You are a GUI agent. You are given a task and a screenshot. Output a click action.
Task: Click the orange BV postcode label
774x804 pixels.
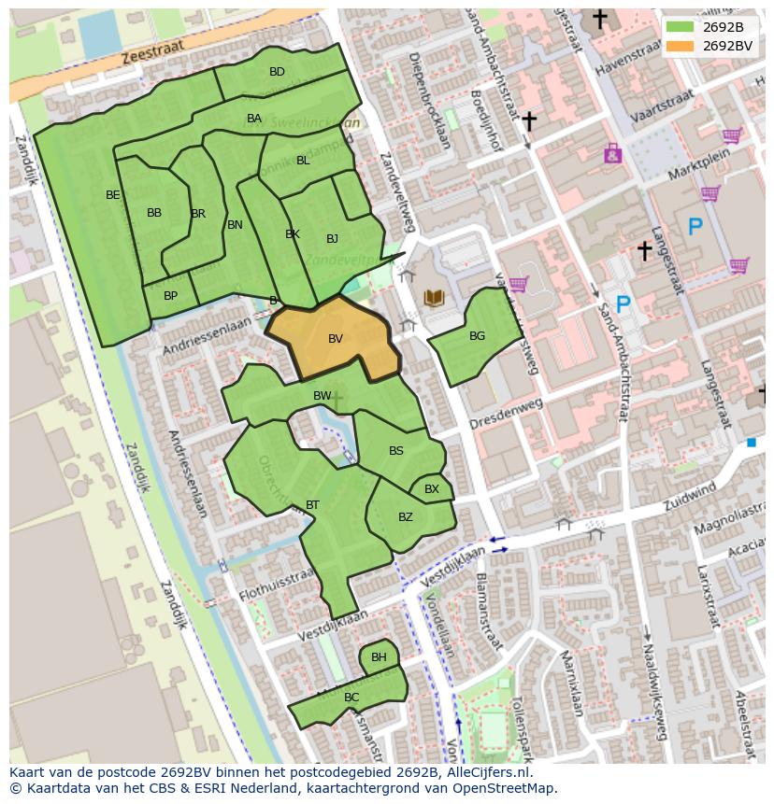pos(336,339)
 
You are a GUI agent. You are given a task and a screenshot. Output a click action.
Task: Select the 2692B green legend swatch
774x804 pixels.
pos(680,26)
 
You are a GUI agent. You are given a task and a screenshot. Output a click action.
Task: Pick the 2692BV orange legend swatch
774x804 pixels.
pos(680,45)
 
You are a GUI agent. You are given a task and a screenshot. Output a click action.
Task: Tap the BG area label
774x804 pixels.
pos(477,336)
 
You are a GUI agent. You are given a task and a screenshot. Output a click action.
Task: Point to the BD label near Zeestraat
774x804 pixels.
pos(277,72)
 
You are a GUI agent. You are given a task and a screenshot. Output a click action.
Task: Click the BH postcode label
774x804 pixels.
pos(379,657)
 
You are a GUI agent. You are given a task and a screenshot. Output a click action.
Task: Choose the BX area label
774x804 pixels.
pos(431,488)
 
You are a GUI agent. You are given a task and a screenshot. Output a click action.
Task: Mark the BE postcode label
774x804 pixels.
pos(113,195)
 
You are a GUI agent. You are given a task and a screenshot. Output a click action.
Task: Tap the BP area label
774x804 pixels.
pos(170,296)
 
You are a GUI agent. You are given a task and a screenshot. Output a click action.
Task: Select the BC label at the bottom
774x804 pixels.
pos(351,698)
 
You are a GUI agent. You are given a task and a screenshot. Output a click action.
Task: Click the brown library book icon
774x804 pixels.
pos(434,298)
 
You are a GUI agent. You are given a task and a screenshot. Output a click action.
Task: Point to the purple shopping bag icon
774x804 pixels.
pos(612,153)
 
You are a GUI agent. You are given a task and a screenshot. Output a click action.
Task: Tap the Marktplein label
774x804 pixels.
pos(699,167)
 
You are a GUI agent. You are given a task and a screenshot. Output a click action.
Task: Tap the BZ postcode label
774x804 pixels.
pos(405,517)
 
